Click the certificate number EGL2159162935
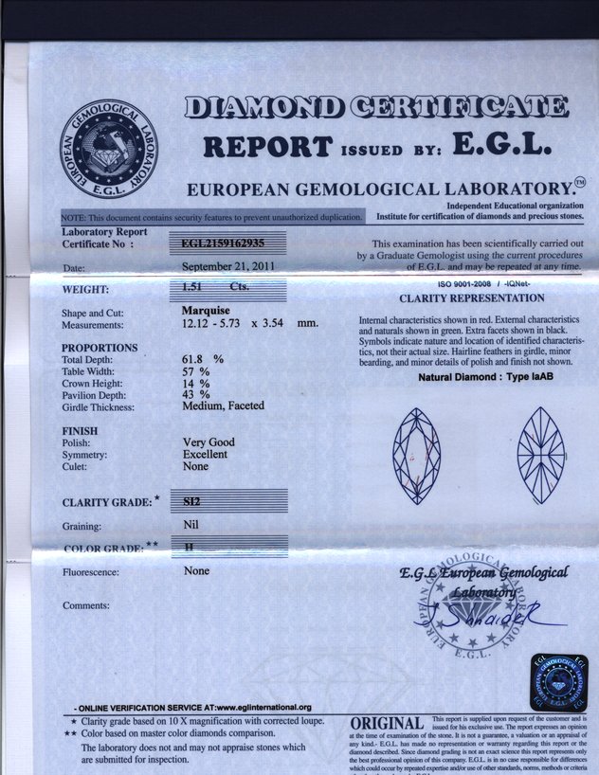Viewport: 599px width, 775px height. coord(224,243)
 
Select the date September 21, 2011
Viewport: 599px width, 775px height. coord(228,266)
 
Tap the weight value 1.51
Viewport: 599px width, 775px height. coord(193,286)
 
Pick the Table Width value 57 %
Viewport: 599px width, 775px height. coord(196,371)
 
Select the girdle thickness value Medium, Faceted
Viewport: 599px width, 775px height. coord(223,406)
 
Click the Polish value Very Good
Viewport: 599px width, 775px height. coord(209,442)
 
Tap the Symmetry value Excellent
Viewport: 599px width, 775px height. coord(205,454)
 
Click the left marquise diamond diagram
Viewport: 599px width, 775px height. coord(417,455)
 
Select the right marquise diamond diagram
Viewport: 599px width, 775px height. coord(540,455)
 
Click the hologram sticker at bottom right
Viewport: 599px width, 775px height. coord(558,682)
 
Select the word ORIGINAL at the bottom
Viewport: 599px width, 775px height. coord(387,724)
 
